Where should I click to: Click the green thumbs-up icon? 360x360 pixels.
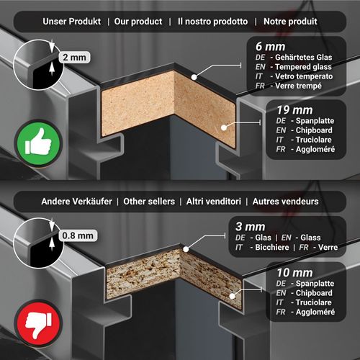38,143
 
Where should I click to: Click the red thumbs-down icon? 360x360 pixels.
38,323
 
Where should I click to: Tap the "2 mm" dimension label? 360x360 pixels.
74,58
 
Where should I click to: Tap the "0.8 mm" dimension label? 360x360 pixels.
78,235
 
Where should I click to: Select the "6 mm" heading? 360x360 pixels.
270,47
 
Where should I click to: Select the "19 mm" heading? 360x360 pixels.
294,110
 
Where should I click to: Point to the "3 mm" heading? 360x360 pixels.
251,227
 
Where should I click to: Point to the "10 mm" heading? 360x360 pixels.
294,273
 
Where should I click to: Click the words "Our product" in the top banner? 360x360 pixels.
138,22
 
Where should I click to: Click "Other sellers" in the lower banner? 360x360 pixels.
149,202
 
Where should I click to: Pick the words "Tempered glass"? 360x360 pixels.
303,67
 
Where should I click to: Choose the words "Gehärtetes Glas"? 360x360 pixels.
304,58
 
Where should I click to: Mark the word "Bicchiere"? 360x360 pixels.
272,247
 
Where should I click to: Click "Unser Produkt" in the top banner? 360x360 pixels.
72,22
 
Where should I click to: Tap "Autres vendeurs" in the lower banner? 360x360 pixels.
285,202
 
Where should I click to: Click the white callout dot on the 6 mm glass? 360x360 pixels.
194,77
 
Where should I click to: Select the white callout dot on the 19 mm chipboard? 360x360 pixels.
224,127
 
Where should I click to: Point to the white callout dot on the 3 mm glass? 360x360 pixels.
186,249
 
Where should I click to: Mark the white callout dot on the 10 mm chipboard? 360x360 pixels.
232,296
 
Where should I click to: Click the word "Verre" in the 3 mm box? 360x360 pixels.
328,247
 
